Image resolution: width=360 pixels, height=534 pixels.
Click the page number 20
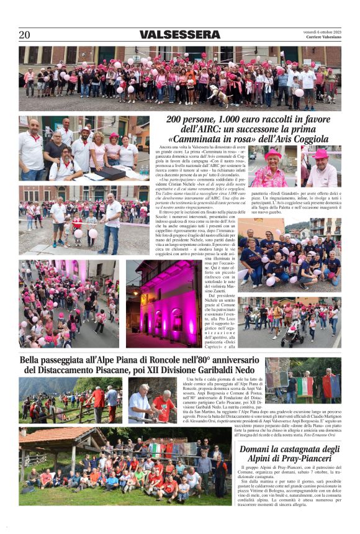point(24,35)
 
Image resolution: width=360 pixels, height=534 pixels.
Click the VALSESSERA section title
point(179,35)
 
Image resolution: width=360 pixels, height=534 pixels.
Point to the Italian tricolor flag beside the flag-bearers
point(304,387)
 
